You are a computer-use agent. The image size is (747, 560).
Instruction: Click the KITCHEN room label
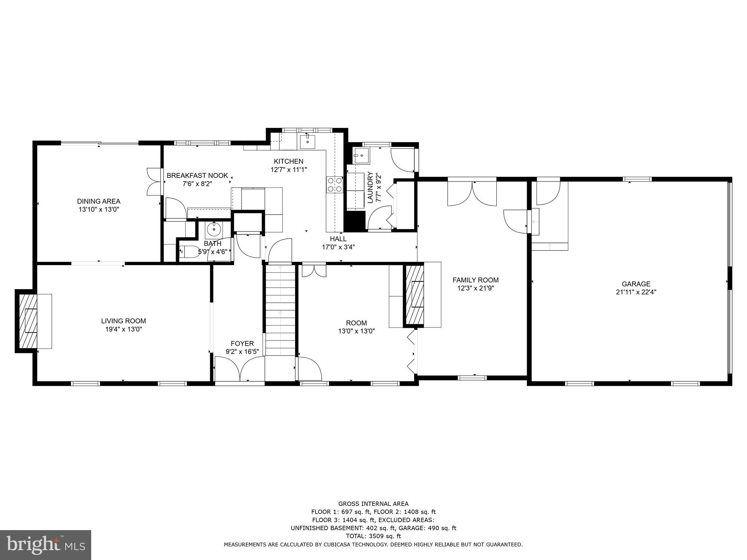(289, 161)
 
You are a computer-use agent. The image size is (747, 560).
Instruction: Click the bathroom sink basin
(214, 230)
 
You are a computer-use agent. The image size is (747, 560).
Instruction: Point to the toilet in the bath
(188, 251)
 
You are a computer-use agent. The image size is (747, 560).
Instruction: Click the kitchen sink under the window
(307, 141)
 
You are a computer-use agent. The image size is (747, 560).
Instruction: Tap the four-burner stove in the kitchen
(334, 184)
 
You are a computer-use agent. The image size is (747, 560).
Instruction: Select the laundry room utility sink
(361, 156)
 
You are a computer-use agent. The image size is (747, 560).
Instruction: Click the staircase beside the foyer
(280, 310)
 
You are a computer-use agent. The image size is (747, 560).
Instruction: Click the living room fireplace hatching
(28, 321)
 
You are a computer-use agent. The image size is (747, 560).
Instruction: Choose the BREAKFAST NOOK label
(197, 175)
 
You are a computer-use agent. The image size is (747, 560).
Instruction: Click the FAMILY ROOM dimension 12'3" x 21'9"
(476, 288)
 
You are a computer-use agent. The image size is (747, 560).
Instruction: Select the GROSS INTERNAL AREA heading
(373, 504)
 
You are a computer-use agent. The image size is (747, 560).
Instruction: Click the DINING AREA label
(98, 201)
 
